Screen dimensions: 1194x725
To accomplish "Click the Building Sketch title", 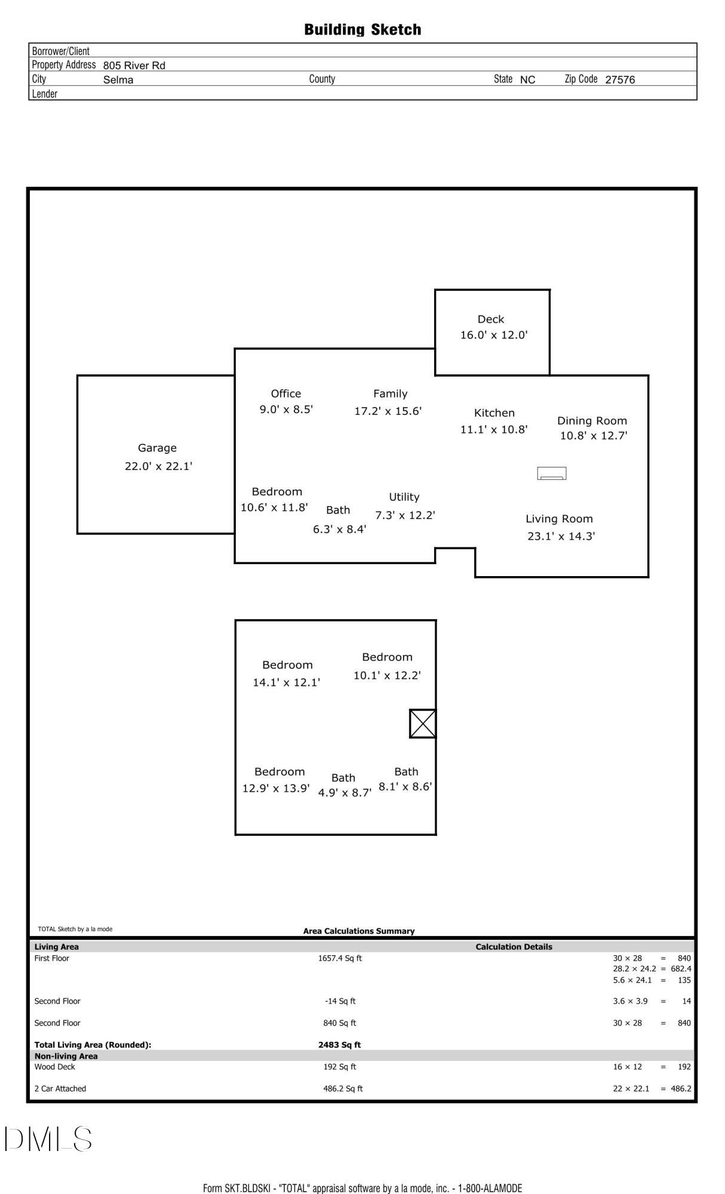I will click(x=362, y=29).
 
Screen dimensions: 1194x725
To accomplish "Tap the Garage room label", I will click(x=157, y=448).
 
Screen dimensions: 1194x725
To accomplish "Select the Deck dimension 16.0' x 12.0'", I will click(x=494, y=335).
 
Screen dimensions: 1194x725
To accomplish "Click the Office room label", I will click(x=286, y=393).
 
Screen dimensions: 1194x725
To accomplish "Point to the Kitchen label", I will click(x=494, y=413).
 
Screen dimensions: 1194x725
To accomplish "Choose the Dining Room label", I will click(x=592, y=420).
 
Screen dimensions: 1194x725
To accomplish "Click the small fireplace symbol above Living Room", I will click(x=552, y=473).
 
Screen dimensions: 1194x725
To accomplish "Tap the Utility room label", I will click(x=404, y=497).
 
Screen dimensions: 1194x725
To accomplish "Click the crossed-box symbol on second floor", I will click(x=423, y=724).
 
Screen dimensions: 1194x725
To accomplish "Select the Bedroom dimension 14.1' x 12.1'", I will click(x=287, y=682).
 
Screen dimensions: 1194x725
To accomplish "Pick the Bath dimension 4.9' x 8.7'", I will click(x=345, y=793).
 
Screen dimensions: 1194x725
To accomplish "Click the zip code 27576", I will click(x=620, y=79).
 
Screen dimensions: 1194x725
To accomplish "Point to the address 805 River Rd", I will click(x=134, y=66).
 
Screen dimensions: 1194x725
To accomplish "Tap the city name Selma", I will click(x=118, y=80).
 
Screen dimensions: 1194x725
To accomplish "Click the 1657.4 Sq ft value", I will click(x=340, y=958).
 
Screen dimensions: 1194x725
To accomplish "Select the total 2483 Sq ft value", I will click(x=339, y=1045).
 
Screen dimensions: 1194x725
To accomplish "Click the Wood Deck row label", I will click(x=54, y=1066).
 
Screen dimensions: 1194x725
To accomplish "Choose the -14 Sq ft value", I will click(x=340, y=1001).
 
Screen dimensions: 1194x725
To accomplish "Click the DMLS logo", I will click(x=48, y=1138).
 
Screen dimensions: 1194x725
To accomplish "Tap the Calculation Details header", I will click(x=514, y=947).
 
